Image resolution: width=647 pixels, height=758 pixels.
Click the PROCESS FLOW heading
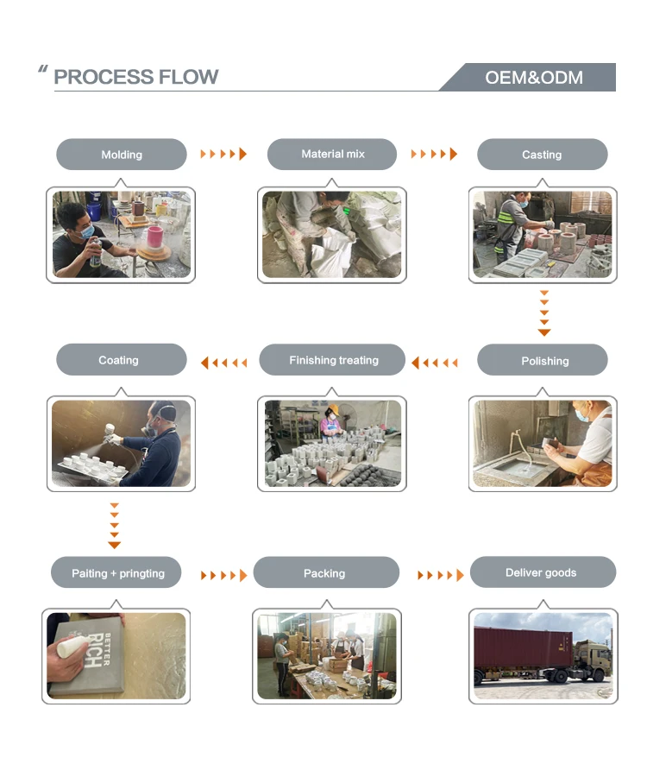coord(136,77)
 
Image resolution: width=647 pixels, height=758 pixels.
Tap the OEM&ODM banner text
coord(533,78)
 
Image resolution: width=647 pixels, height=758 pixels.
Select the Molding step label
coord(122,155)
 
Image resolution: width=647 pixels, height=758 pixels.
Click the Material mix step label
coord(333,154)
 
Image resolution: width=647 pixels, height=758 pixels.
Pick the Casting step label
coord(542,155)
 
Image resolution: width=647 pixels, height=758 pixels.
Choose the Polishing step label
coord(544,361)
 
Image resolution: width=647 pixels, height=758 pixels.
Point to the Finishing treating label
coord(334,360)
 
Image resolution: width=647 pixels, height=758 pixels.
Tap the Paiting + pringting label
coord(118,573)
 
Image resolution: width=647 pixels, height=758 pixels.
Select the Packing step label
coord(324,573)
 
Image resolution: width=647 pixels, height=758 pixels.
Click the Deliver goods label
coord(541,572)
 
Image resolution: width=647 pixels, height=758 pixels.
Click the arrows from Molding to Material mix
coord(223,155)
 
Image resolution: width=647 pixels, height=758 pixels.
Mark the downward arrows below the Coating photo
coord(114,525)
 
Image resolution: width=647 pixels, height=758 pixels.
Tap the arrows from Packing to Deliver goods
coord(441,575)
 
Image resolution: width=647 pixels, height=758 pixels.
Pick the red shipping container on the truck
coord(523,650)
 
